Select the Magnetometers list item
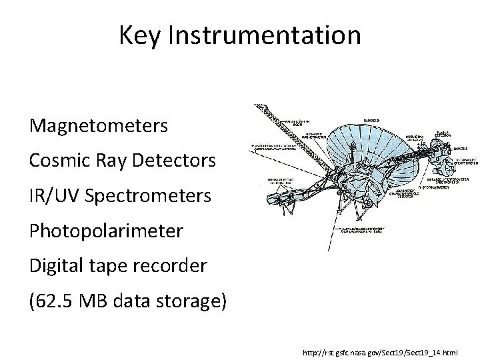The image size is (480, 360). point(98,125)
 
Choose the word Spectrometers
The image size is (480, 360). point(148,196)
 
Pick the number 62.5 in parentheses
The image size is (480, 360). point(57,302)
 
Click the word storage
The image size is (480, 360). point(193,302)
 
